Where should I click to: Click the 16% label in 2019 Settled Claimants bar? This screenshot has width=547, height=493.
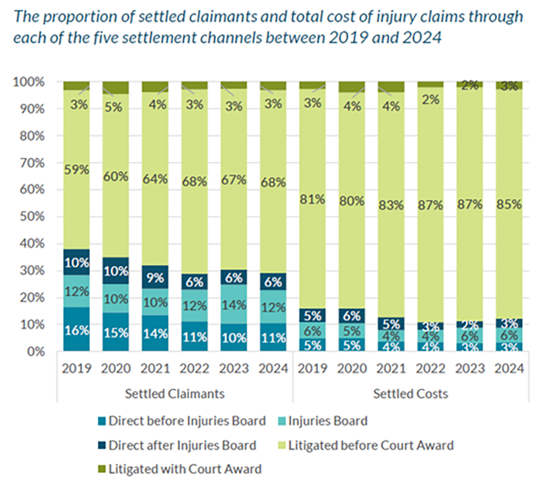click(76, 331)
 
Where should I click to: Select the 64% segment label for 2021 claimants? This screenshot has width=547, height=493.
click(155, 179)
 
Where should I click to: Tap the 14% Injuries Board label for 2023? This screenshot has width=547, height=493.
click(233, 306)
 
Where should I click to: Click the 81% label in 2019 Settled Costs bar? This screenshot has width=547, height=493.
click(312, 200)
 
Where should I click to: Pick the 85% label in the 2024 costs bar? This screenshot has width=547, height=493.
click(509, 204)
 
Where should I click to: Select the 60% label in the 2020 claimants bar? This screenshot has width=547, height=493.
click(115, 176)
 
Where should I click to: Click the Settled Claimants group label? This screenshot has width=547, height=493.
click(175, 393)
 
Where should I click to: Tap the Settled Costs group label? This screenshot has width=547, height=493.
click(410, 393)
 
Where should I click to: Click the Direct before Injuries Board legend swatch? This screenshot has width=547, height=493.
click(103, 421)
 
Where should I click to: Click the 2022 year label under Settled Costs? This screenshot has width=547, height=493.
click(430, 368)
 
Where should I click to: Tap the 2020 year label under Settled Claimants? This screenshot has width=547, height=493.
click(115, 368)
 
